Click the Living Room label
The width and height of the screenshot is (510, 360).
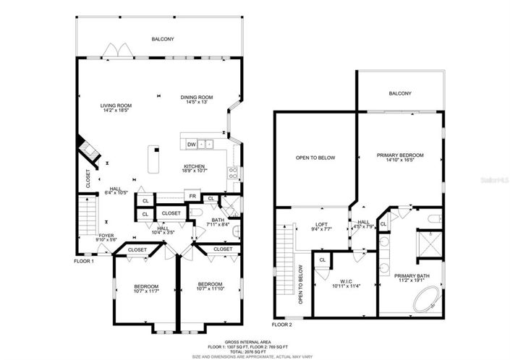point(116,106)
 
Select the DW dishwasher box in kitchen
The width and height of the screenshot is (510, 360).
point(191,144)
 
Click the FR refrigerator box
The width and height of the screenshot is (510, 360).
point(193,196)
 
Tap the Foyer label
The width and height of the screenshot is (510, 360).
point(106,236)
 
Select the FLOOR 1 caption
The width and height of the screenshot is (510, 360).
point(84,261)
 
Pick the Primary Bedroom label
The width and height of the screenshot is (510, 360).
point(400,155)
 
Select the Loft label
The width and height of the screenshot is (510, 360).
point(322,223)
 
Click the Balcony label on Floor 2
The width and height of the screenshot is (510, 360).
point(399,93)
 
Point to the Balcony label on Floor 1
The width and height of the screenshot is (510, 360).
point(162,39)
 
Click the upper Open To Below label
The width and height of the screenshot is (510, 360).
point(313,157)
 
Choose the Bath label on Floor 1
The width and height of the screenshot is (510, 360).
point(218,220)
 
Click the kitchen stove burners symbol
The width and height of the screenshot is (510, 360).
point(233,172)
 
